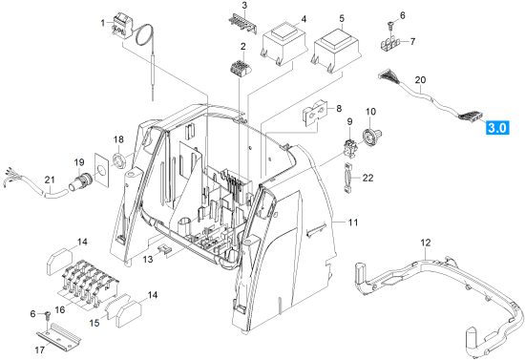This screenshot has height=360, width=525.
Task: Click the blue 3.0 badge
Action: (x=497, y=128)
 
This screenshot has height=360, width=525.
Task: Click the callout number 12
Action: (x=426, y=243)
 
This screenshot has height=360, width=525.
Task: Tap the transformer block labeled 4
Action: (x=283, y=44)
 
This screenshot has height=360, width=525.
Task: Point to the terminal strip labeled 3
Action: (x=242, y=25)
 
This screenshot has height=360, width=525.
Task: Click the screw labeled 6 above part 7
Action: (x=390, y=25)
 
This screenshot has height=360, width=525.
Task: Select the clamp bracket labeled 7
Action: (x=390, y=44)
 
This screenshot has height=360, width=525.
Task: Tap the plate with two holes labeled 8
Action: (x=315, y=112)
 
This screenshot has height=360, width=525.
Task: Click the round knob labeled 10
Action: (x=371, y=136)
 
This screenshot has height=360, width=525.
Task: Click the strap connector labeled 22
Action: (x=347, y=178)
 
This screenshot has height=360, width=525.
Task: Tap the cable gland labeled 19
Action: (x=80, y=180)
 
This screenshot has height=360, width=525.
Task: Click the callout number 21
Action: (x=50, y=180)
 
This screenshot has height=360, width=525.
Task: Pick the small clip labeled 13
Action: (x=164, y=249)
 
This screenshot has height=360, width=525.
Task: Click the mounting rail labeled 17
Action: (x=58, y=334)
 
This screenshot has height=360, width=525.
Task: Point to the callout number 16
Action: (x=60, y=309)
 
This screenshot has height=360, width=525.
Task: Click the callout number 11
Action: (x=353, y=222)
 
